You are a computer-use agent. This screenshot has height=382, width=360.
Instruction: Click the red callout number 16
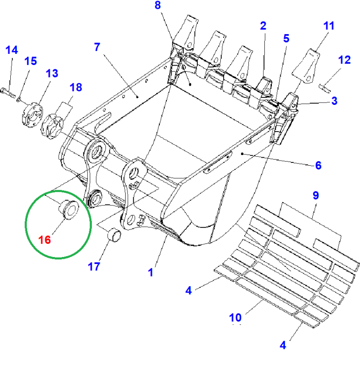(45, 240)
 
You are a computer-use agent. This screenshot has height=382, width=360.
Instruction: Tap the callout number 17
(94, 266)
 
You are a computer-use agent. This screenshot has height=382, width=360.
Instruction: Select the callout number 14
(12, 50)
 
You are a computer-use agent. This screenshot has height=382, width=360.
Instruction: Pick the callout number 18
(75, 87)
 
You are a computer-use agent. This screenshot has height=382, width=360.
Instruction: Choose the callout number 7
(97, 47)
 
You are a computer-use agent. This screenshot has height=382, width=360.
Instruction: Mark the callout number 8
(157, 6)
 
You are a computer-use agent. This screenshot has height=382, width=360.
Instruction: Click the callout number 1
(150, 272)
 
